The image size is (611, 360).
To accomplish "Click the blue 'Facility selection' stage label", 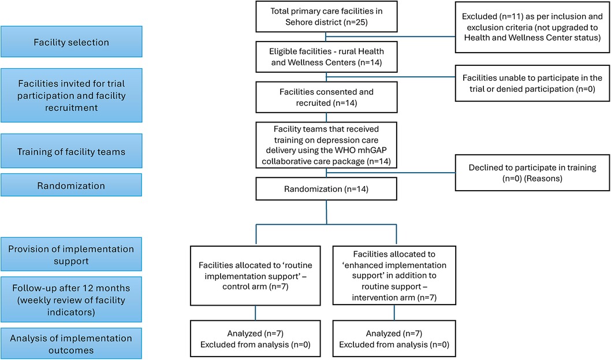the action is tap(71, 42).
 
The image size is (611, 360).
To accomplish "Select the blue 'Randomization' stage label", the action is tap(71, 185).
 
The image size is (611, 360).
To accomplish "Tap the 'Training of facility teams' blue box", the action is tap(71, 151).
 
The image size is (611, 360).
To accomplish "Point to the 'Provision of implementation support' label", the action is tap(71, 254).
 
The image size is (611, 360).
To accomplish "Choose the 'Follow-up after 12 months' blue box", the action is tap(71, 299).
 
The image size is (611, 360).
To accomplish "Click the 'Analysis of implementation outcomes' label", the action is tap(71, 344).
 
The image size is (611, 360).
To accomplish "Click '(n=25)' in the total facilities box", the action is tap(355, 22).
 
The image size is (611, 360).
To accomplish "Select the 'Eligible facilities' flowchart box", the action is tap(326, 57).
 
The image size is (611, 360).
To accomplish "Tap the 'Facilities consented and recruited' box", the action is tap(326, 97).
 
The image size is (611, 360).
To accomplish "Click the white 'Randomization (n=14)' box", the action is tap(326, 189).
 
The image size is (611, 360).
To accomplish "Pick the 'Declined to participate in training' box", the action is tap(532, 173).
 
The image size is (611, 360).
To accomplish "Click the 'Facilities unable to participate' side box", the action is tap(532, 83).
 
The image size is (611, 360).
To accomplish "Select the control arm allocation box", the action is tap(255, 276).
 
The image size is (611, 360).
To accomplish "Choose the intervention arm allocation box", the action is tap(394, 276).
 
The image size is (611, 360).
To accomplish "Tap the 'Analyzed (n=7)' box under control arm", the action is tap(255, 339).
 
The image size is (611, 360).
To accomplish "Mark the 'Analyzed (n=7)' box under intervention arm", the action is tap(394, 339).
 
